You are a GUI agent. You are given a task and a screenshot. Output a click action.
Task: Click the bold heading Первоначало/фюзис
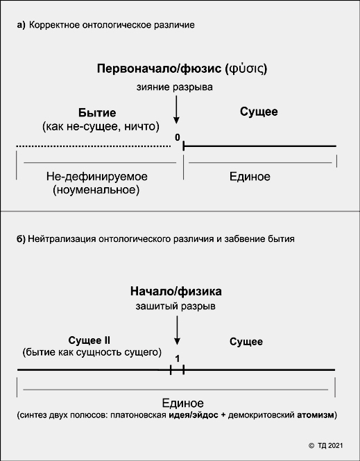pyautogui.click(x=159, y=69)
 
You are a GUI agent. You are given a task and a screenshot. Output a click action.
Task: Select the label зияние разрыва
pyautogui.click(x=174, y=87)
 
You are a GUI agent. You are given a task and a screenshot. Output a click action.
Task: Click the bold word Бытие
pyautogui.click(x=97, y=112)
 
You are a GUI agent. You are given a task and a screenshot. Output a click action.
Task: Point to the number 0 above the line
pyautogui.click(x=178, y=137)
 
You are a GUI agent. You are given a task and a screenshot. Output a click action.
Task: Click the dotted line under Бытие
pyautogui.click(x=94, y=146)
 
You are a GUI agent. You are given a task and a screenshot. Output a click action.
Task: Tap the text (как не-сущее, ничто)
pyautogui.click(x=101, y=127)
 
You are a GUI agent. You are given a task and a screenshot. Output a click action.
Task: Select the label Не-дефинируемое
pyautogui.click(x=97, y=176)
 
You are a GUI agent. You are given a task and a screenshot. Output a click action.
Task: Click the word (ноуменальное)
pyautogui.click(x=96, y=190)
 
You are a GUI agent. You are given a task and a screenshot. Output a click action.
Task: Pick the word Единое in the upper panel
pyautogui.click(x=250, y=176)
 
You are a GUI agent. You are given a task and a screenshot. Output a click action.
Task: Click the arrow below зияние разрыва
pyautogui.click(x=176, y=110)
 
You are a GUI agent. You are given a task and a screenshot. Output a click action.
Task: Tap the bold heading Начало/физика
pyautogui.click(x=176, y=292)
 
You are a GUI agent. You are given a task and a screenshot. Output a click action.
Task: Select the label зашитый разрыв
pyautogui.click(x=175, y=306)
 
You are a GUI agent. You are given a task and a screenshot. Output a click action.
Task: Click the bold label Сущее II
pyautogui.click(x=89, y=340)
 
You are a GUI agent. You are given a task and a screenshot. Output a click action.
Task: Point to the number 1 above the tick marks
pyautogui.click(x=178, y=359)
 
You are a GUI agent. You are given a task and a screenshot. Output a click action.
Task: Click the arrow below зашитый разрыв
pyautogui.click(x=177, y=330)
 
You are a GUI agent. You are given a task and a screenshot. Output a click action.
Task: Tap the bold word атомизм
pyautogui.click(x=316, y=415)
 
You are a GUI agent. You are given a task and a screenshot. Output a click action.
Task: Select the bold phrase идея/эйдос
pyautogui.click(x=194, y=415)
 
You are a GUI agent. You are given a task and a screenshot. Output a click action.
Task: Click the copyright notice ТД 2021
pyautogui.click(x=325, y=446)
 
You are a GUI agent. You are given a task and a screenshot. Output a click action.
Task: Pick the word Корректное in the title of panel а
pyautogui.click(x=54, y=25)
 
